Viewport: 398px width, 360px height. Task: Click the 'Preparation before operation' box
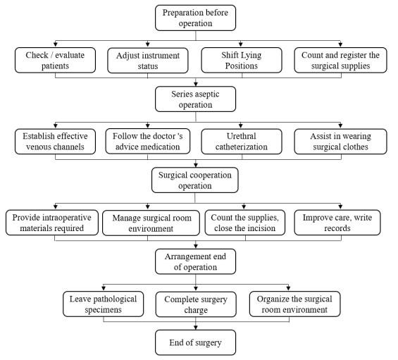[x=195, y=18]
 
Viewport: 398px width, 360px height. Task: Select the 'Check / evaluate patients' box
[x=55, y=60]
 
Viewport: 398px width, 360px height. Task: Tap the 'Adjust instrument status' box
[x=148, y=61]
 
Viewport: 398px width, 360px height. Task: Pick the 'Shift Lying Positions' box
[x=242, y=60]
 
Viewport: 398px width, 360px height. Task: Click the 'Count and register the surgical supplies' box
[x=341, y=60]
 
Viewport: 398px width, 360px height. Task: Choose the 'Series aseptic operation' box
[x=195, y=99]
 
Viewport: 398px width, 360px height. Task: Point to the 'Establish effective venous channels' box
[x=55, y=142]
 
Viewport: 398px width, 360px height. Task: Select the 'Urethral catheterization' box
[x=242, y=142]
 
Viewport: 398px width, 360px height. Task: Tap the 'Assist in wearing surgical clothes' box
[x=341, y=142]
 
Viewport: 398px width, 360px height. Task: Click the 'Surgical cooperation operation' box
[x=195, y=180]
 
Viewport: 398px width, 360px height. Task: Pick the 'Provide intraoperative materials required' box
[x=52, y=223]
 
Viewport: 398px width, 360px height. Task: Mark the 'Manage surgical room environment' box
[x=151, y=223]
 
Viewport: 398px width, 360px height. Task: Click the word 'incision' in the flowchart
[x=261, y=228]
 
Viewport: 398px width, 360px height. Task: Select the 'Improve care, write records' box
[x=337, y=223]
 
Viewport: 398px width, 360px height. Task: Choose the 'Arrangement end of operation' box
[x=195, y=261]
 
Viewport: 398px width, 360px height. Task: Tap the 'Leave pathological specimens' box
[x=104, y=304]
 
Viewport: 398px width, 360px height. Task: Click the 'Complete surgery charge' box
[x=196, y=304]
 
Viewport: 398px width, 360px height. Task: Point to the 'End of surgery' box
[x=195, y=342]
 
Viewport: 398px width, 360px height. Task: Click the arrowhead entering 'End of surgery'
[x=195, y=328]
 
